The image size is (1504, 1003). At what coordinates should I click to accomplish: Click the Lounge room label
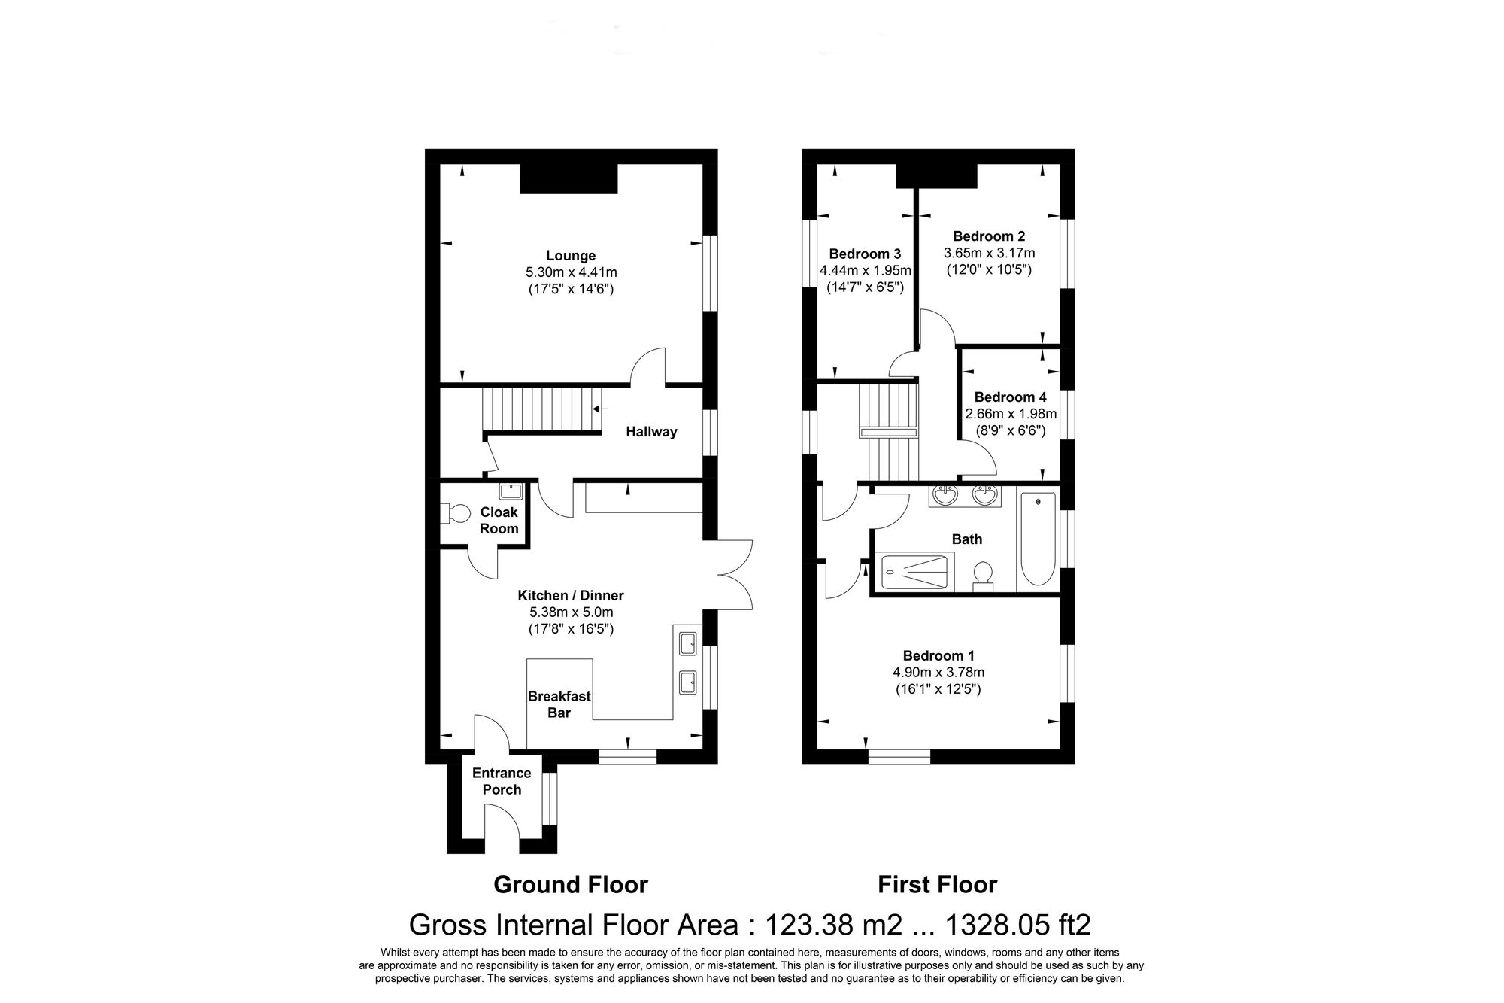pos(571,256)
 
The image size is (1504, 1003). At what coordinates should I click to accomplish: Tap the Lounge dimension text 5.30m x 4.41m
pos(571,272)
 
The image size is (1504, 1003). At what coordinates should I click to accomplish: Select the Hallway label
pos(651,432)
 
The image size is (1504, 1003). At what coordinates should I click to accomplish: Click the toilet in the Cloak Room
pos(456,514)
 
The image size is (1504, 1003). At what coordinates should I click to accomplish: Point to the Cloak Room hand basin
pos(511,491)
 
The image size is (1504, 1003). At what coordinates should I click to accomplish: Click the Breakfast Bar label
pos(559,704)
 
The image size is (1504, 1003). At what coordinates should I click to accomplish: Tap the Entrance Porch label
pos(502,781)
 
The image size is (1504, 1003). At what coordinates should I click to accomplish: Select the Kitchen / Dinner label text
pos(571,595)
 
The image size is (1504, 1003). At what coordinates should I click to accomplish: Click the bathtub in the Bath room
pos(1037,538)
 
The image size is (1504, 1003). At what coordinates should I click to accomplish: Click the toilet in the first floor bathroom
pos(983,576)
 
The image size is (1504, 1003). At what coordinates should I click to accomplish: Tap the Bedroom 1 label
pos(938,656)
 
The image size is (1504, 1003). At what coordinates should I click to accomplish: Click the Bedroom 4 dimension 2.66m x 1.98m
pos(1011,414)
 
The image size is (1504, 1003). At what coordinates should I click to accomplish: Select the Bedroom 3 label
pos(865,254)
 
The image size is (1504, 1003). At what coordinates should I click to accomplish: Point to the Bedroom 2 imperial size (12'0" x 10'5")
pos(989,269)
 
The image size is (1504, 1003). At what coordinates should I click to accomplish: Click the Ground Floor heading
pos(570,884)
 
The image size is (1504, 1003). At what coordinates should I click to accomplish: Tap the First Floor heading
pos(937,884)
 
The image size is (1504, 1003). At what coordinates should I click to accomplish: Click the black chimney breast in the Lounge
pos(569,179)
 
